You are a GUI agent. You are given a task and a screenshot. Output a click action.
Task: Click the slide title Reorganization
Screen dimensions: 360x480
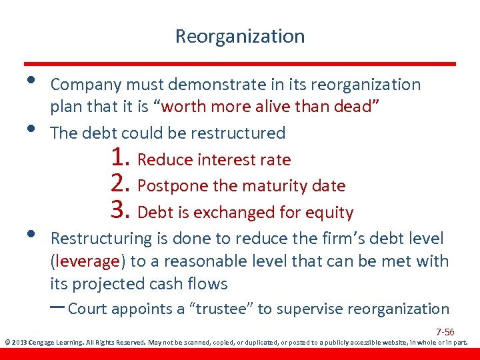click(x=240, y=36)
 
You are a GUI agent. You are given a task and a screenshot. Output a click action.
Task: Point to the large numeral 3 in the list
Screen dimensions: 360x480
click(x=120, y=211)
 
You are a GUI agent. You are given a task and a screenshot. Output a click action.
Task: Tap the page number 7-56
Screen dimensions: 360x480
click(x=445, y=332)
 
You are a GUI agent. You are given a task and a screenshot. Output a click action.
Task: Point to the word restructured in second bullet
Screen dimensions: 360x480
click(x=238, y=133)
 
